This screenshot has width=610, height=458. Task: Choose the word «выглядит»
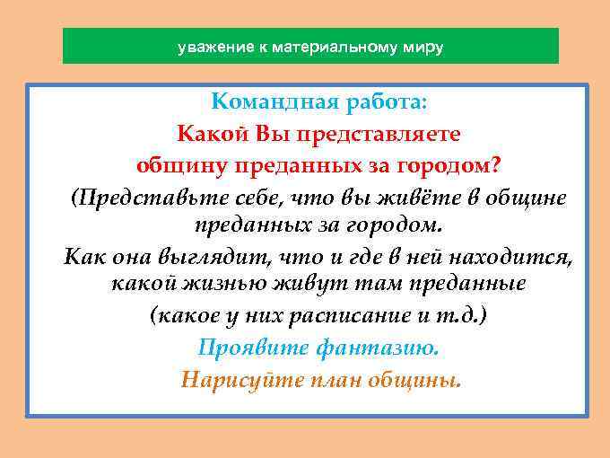pyautogui.click(x=214, y=258)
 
